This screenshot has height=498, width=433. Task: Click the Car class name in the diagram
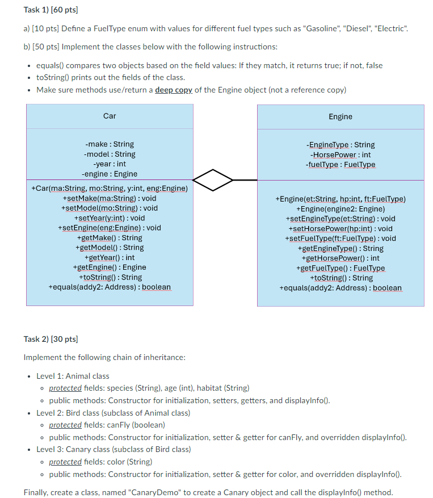click(x=110, y=116)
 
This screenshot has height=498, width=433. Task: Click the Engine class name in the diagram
click(x=340, y=116)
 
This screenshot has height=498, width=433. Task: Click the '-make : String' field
click(x=110, y=144)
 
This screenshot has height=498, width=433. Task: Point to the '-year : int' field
click(x=110, y=164)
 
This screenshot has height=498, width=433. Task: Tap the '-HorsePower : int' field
click(x=340, y=154)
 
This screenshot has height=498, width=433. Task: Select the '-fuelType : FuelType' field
click(x=340, y=165)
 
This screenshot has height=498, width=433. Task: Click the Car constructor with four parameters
click(x=110, y=188)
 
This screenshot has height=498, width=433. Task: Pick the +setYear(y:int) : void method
click(x=110, y=217)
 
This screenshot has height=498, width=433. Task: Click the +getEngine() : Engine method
click(x=110, y=267)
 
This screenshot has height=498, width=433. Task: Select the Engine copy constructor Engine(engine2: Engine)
click(x=340, y=208)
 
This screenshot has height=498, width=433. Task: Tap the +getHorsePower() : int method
click(x=340, y=258)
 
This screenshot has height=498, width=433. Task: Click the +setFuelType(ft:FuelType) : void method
click(x=340, y=238)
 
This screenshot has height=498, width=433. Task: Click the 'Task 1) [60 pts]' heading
click(x=51, y=10)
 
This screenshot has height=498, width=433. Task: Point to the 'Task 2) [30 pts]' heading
click(x=51, y=339)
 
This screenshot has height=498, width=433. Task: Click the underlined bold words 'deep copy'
click(x=174, y=90)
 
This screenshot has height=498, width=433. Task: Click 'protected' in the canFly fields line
click(x=65, y=425)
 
